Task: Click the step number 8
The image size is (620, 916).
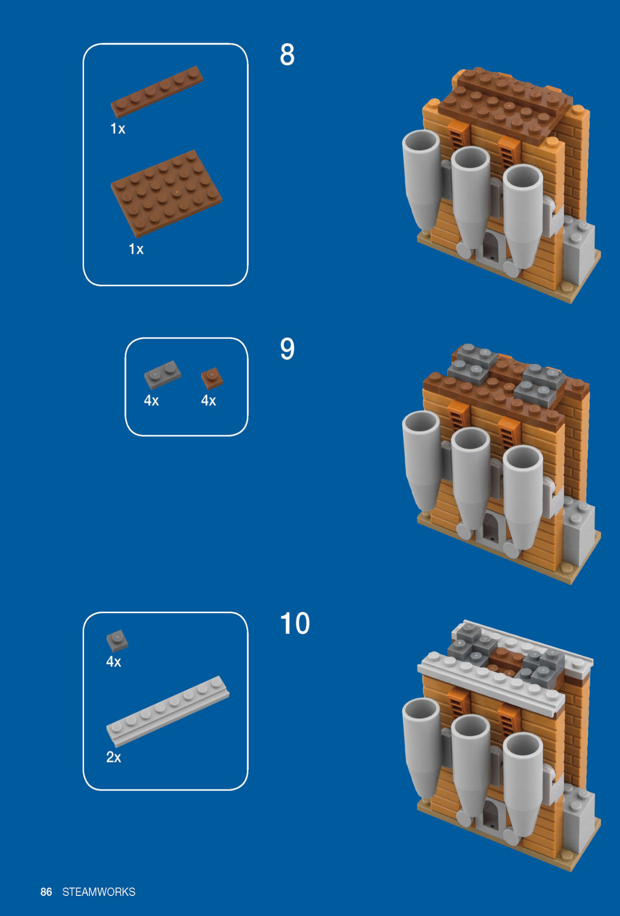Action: (287, 55)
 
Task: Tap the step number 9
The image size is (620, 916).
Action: (287, 349)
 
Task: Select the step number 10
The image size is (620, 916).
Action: (295, 624)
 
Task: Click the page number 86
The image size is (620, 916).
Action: (46, 892)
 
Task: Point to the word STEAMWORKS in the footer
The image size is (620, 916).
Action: (99, 892)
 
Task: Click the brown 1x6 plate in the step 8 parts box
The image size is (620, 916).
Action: (157, 92)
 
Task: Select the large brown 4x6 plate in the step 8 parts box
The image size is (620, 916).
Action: (166, 193)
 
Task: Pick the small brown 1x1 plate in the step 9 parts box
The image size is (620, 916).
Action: (212, 378)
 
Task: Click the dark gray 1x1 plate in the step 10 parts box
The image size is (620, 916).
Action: (117, 640)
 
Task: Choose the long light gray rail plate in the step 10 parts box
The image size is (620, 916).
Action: (168, 711)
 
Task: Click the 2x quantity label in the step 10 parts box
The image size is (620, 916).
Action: (114, 757)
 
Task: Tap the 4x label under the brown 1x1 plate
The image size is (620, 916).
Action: (209, 401)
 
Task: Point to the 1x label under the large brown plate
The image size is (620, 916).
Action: (136, 249)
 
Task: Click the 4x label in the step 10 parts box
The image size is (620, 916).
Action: (114, 662)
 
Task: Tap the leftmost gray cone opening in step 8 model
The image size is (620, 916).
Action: (421, 143)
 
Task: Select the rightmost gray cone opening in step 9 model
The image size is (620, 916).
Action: (523, 460)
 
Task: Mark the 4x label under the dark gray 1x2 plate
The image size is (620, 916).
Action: (152, 401)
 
